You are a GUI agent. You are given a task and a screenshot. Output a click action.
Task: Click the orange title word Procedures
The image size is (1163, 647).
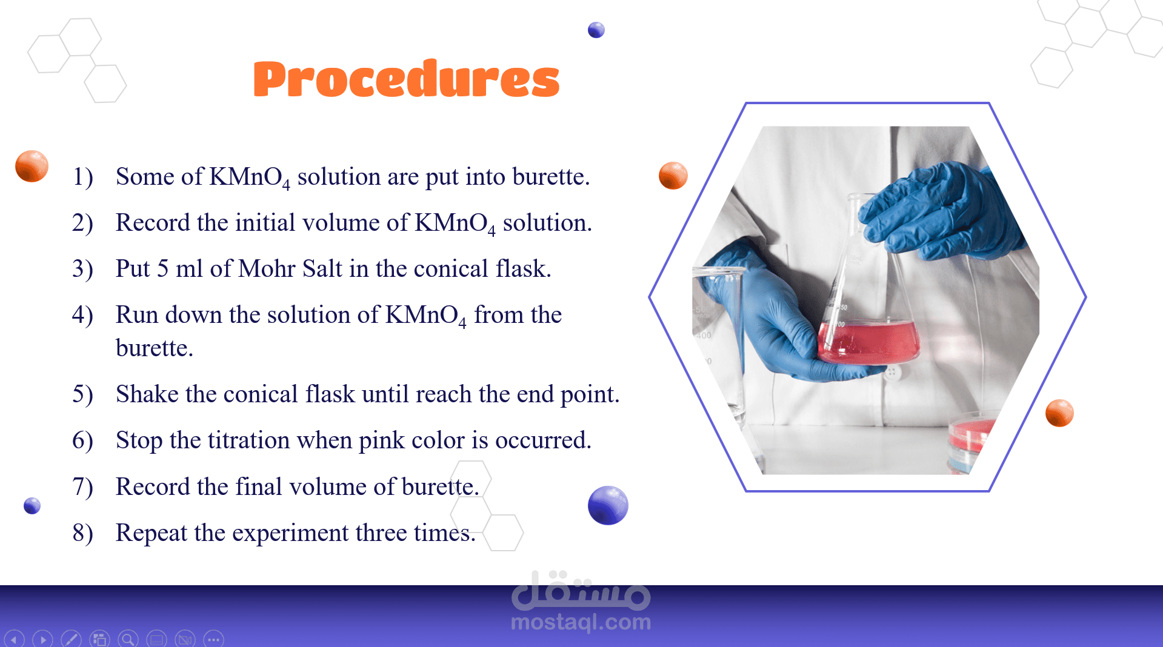coord(407,79)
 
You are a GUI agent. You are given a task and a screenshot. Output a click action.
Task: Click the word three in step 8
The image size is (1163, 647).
coord(381,533)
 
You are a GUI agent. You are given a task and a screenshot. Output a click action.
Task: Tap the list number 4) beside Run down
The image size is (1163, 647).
coord(82,315)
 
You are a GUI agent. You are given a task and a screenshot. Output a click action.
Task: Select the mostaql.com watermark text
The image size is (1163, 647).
coord(581,622)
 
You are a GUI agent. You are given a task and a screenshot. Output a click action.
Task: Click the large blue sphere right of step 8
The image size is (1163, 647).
coord(608,505)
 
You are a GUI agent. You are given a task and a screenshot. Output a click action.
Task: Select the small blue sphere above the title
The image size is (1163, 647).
coord(596,30)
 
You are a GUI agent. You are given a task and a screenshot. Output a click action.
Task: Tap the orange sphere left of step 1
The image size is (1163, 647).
coord(32,166)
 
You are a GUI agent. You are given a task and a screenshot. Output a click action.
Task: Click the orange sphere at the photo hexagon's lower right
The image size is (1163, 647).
coord(1059,413)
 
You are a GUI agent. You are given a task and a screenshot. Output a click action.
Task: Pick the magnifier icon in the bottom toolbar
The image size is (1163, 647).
coord(128,639)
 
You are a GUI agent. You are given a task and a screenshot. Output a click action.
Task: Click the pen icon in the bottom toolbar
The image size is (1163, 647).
coord(71,639)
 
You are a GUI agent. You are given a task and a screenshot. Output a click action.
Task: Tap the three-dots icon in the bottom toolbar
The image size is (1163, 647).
coord(213,639)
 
